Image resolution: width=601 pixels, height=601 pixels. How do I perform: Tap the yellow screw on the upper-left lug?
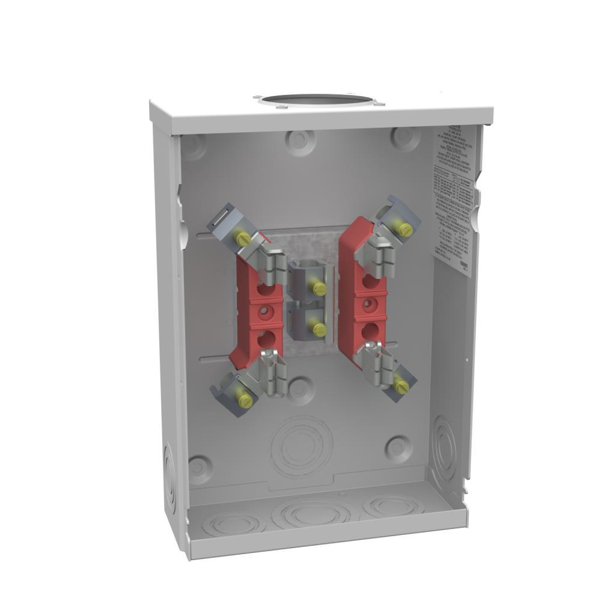244,239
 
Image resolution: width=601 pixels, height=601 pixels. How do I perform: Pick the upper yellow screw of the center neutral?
319,289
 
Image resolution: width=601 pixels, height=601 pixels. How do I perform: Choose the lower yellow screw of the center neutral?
319,329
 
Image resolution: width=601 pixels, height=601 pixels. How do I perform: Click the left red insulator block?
251,313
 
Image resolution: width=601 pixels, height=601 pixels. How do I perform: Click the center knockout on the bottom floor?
311,514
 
